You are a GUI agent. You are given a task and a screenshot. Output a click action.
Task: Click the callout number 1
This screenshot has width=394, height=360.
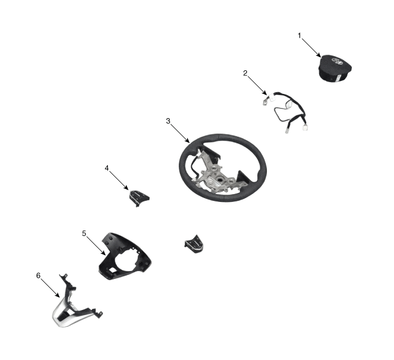pyautogui.click(x=300, y=35)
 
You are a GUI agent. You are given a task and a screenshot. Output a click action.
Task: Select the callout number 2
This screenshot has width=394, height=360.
pyautogui.click(x=245, y=73)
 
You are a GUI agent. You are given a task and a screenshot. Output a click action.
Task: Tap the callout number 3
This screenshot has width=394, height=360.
pyautogui.click(x=168, y=121)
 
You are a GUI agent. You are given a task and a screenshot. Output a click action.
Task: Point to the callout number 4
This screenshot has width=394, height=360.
pyautogui.click(x=107, y=168)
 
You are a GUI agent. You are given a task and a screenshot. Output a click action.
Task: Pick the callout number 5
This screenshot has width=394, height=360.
pyautogui.click(x=84, y=232)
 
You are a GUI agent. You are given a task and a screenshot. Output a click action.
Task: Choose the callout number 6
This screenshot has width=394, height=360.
pyautogui.click(x=38, y=275)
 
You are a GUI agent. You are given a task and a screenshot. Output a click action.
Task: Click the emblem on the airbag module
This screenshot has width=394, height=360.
pyautogui.click(x=338, y=61)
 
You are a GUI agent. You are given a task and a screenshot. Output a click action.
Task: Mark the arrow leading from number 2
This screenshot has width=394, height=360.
pyautogui.click(x=258, y=85)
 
